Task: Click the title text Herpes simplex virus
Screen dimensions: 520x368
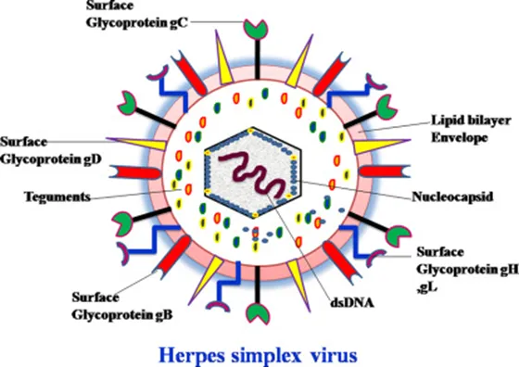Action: point(259,355)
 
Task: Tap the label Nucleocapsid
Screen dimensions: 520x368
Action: point(452,197)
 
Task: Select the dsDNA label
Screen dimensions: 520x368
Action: point(352,302)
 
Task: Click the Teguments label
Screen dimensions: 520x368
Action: point(57,197)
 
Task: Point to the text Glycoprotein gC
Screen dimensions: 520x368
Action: point(137,23)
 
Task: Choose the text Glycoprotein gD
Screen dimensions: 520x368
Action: point(51,159)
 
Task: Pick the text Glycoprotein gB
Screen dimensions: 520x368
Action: point(122,314)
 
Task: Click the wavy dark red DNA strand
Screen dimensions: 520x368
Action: point(253,176)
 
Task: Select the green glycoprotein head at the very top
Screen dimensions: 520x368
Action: point(255,30)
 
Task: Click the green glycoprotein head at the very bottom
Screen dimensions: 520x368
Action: point(259,312)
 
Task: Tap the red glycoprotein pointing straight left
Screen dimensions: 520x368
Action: point(135,172)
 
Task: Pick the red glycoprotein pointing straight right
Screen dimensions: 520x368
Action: point(385,171)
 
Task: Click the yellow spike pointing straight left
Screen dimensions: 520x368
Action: point(136,144)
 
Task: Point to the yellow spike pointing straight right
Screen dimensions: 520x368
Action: point(381,146)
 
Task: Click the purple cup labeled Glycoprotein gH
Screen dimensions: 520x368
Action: point(376,258)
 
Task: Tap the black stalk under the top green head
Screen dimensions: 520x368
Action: point(258,59)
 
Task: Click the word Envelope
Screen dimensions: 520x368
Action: point(460,137)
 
